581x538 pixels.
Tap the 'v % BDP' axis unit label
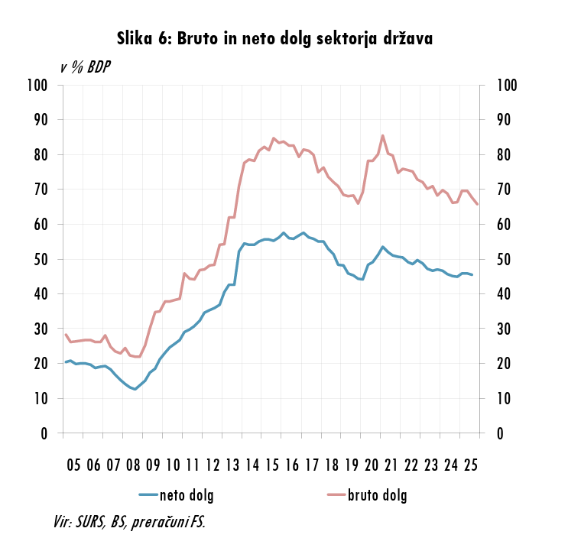(x=85, y=67)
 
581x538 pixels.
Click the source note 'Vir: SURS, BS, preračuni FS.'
(x=129, y=522)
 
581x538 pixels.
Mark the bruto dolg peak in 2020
(x=382, y=136)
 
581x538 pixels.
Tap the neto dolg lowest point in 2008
(x=135, y=389)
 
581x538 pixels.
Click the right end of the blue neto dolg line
(x=472, y=275)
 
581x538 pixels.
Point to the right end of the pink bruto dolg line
(x=478, y=204)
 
